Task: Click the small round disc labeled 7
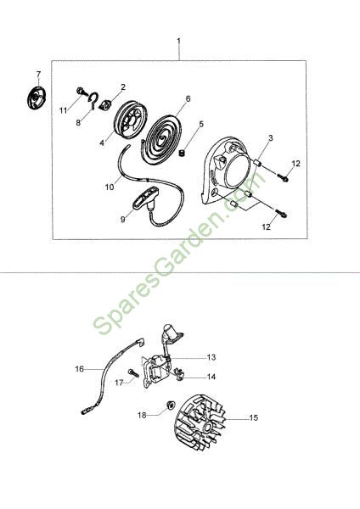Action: pyautogui.click(x=37, y=98)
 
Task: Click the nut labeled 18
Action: pyautogui.click(x=171, y=405)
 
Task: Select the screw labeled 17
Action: pyautogui.click(x=133, y=373)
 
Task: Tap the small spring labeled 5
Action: pyautogui.click(x=183, y=152)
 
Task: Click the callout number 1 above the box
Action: pyautogui.click(x=178, y=41)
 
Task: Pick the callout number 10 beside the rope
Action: pyautogui.click(x=110, y=187)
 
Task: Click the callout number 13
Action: pyautogui.click(x=211, y=357)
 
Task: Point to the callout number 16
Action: pyautogui.click(x=79, y=369)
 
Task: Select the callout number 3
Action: pyautogui.click(x=271, y=138)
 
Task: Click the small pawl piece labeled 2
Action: pyautogui.click(x=106, y=104)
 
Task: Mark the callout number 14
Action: pyautogui.click(x=211, y=377)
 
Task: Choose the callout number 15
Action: pyautogui.click(x=253, y=417)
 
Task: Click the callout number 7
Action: pyautogui.click(x=39, y=75)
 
